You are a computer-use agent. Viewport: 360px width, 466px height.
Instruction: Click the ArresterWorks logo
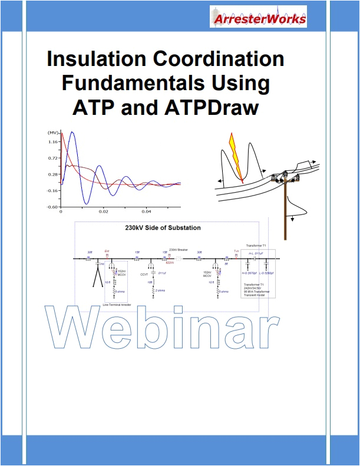[x=258, y=17]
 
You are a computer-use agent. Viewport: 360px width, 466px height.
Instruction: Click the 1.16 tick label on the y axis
[x=52, y=141]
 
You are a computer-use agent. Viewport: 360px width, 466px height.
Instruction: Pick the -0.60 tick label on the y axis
[x=52, y=207]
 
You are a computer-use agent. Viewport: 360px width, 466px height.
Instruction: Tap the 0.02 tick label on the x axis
[x=104, y=211]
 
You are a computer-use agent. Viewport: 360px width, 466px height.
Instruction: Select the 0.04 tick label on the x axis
[x=147, y=211]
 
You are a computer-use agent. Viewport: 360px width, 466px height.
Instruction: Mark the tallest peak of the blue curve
[x=72, y=133]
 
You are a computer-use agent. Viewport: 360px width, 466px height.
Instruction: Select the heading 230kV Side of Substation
[x=163, y=227]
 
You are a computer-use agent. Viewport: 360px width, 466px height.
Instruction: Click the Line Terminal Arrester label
[x=117, y=305]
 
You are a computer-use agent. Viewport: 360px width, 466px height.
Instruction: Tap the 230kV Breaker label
[x=177, y=250]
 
